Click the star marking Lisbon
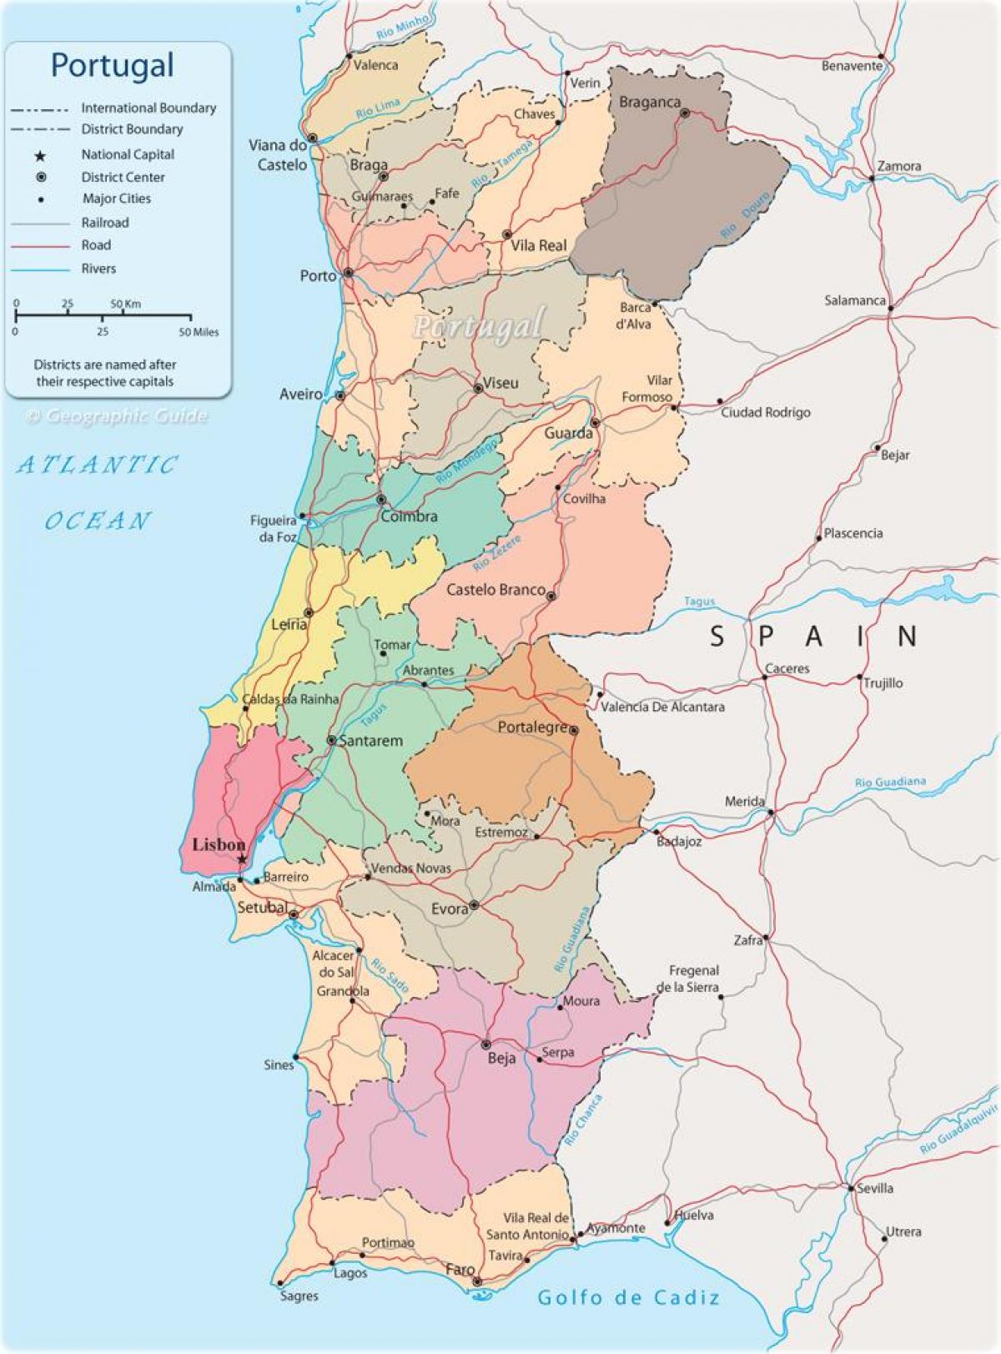[x=242, y=859]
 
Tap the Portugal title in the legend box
[x=113, y=65]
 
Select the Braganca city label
[x=650, y=102]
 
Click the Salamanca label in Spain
[x=854, y=300]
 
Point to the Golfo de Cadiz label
[x=628, y=1297]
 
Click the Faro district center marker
[x=476, y=1281]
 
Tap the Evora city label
[x=450, y=909]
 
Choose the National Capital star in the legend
[x=40, y=155]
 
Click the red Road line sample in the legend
[x=40, y=246]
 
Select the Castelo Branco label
[x=495, y=590]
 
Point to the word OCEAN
[x=98, y=521]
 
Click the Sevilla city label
[x=875, y=1188]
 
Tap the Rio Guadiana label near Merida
[x=890, y=783]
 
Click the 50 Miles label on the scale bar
[x=199, y=332]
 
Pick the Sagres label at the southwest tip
[x=299, y=1296]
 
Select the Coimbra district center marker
[x=381, y=500]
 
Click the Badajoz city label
[x=679, y=842]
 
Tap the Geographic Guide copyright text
[x=117, y=415]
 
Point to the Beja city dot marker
[x=486, y=1044]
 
